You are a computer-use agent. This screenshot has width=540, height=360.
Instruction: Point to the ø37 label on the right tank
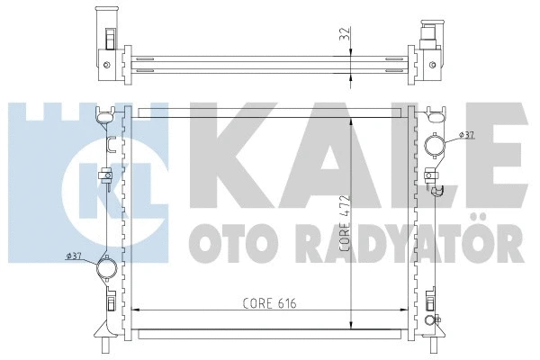[466, 135]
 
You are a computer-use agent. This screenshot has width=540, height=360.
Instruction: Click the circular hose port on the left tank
[107, 267]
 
